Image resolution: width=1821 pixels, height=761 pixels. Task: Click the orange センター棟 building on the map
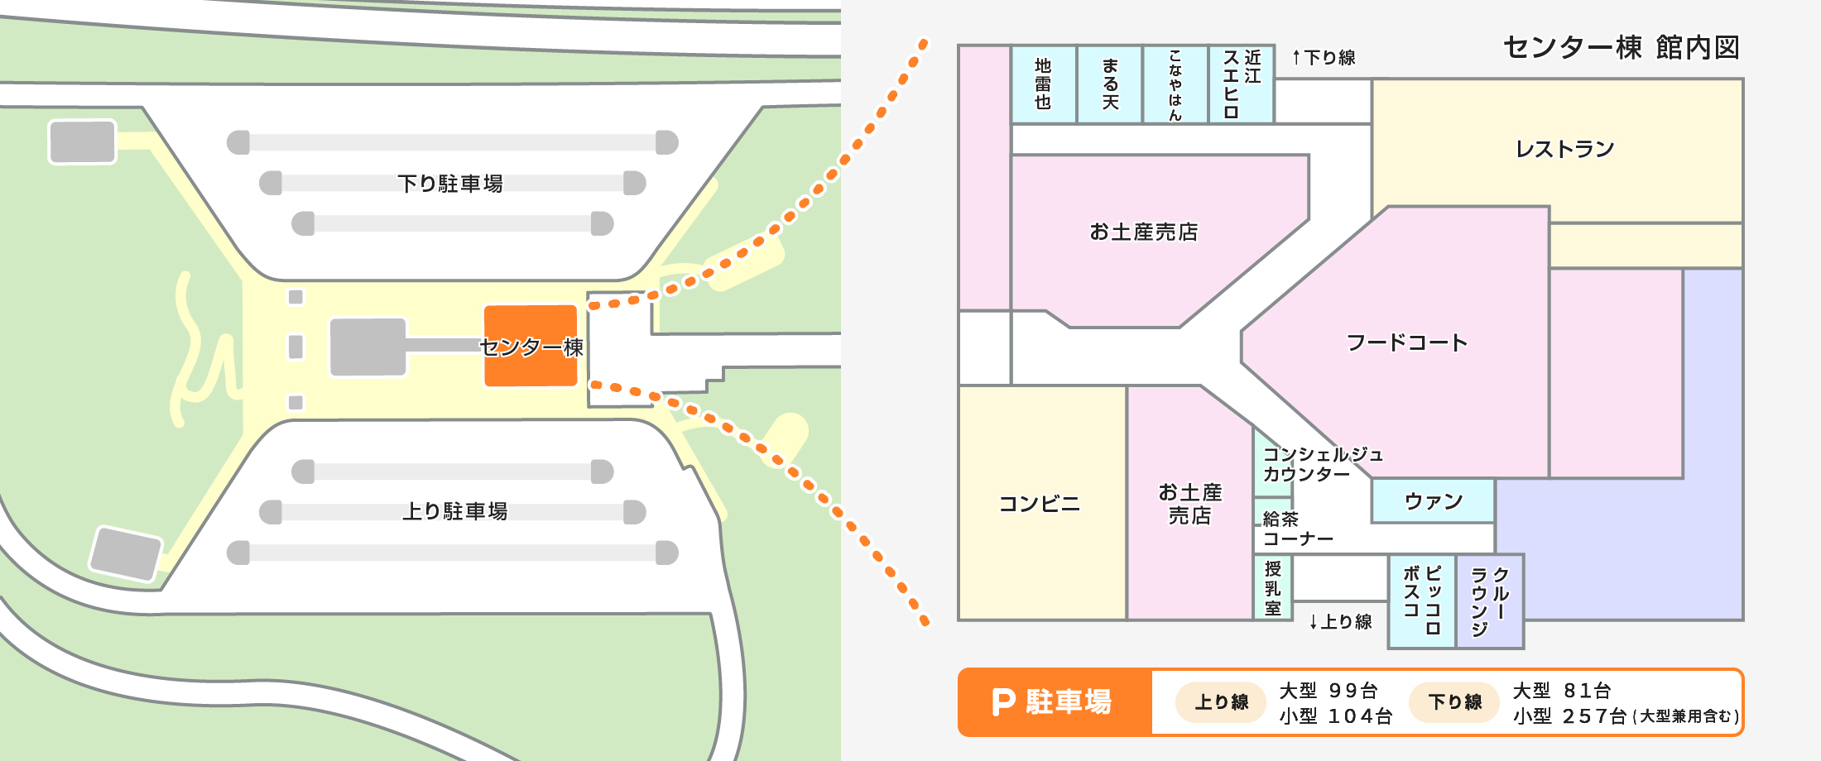click(531, 346)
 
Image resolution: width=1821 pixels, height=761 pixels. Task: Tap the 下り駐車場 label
click(450, 183)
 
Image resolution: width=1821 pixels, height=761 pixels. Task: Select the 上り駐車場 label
click(454, 511)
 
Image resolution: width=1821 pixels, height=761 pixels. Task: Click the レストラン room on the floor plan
click(1564, 149)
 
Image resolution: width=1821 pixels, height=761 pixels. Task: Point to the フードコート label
click(1406, 342)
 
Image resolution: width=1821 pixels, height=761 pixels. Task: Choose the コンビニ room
click(1040, 504)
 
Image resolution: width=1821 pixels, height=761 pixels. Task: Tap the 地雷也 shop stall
click(1043, 84)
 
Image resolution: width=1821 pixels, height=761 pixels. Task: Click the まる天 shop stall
click(1110, 84)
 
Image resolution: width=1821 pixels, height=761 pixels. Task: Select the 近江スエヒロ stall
click(1242, 84)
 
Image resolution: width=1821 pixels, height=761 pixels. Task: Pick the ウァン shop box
click(1433, 500)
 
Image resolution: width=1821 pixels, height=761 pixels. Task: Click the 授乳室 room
click(1273, 588)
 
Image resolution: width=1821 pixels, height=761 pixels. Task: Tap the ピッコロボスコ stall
click(1422, 601)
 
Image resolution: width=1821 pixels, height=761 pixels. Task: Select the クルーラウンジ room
click(1490, 601)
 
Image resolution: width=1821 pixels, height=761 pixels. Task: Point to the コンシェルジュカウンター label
click(1322, 464)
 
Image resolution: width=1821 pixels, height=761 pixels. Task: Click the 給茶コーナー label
click(1297, 529)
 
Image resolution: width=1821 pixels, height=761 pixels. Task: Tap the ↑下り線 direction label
click(1323, 58)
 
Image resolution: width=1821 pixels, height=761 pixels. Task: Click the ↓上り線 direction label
click(1340, 622)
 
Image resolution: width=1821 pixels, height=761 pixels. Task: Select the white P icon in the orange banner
click(1003, 702)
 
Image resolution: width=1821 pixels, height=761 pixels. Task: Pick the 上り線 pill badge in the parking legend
click(1221, 702)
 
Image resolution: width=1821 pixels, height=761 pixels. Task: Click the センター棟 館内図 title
click(1621, 48)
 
